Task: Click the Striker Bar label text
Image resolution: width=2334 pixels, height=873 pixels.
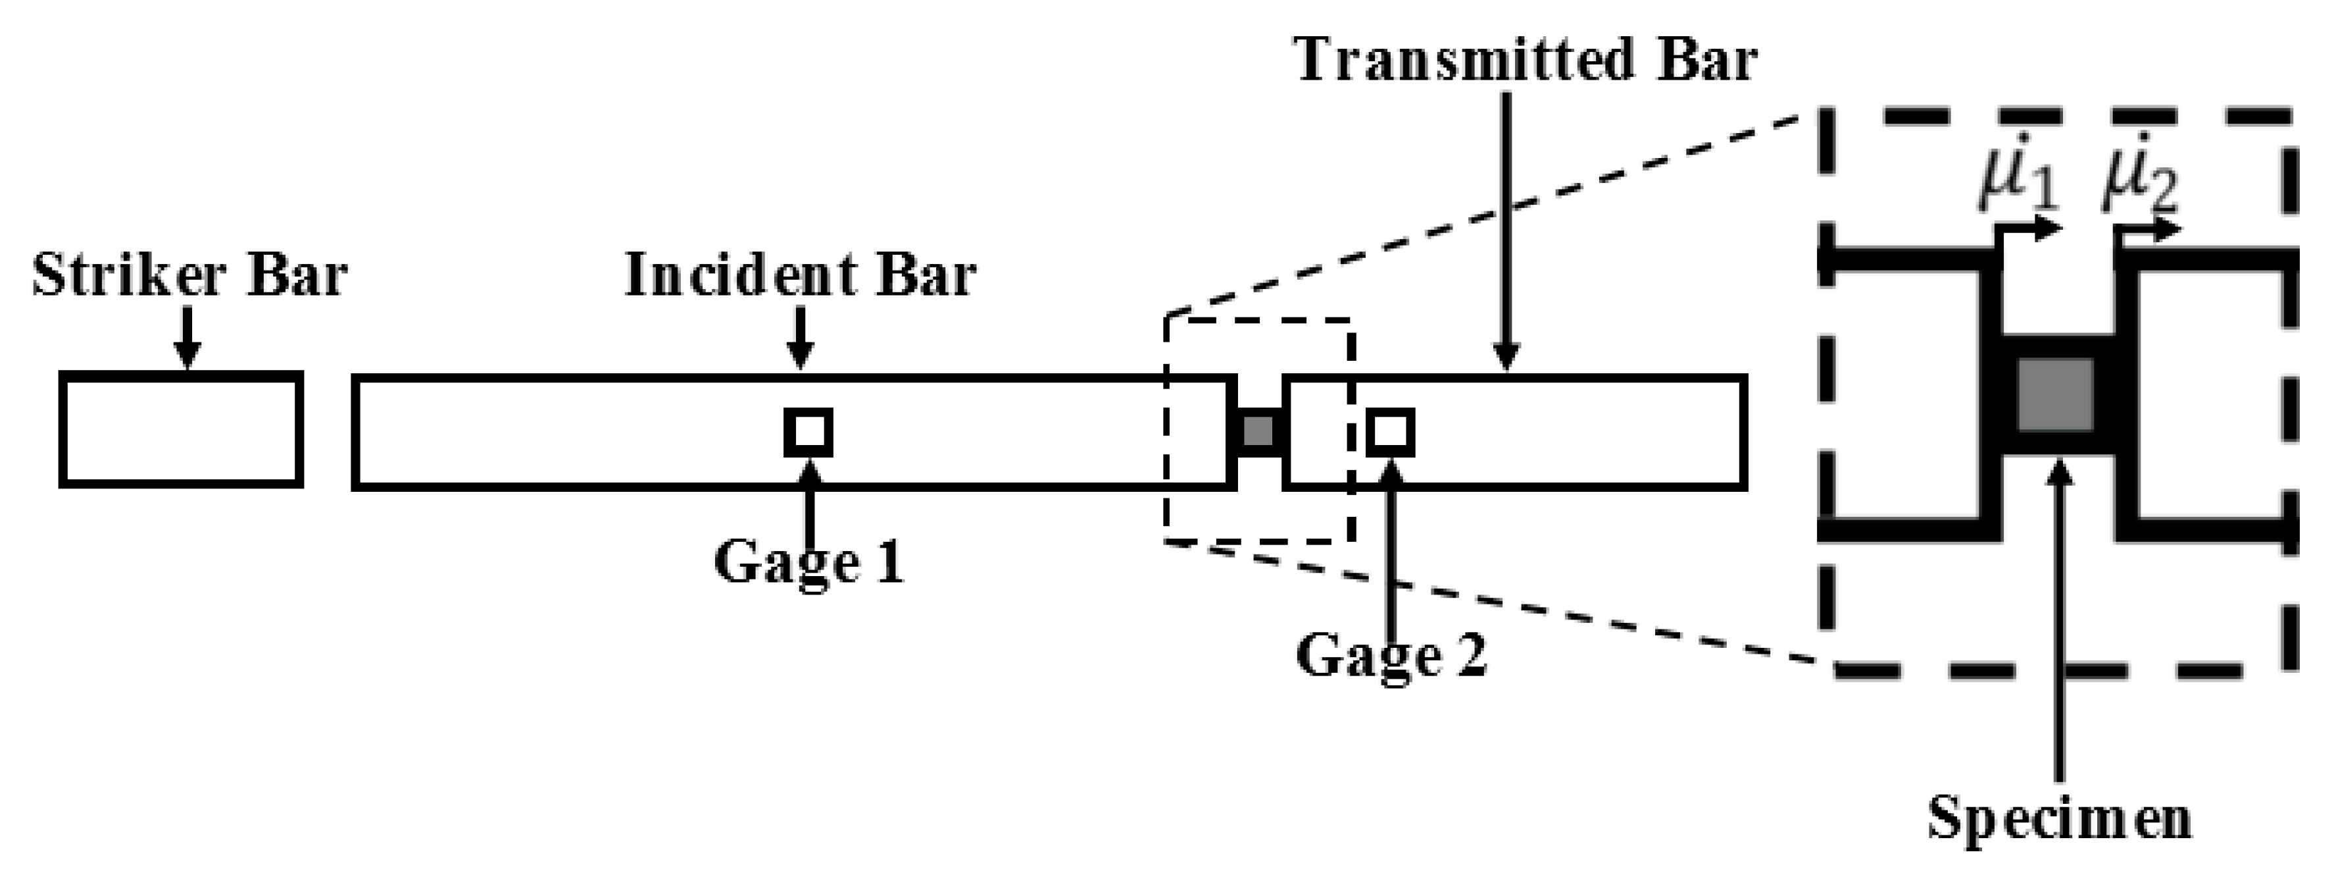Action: point(190,276)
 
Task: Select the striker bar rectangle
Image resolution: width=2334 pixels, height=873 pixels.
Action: point(180,430)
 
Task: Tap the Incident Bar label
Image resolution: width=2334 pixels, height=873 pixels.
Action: point(801,276)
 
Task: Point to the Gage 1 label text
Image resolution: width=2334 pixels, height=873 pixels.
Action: point(809,562)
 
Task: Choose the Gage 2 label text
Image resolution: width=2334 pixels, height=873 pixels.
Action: point(1392,656)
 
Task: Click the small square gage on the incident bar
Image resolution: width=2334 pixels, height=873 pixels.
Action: point(808,433)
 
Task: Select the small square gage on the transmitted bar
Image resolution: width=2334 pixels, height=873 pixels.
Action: point(1391,433)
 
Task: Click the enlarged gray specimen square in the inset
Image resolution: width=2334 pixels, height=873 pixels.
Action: point(2055,394)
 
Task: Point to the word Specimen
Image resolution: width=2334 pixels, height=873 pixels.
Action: point(2058,818)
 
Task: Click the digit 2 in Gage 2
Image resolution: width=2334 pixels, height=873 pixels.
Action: point(1470,656)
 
